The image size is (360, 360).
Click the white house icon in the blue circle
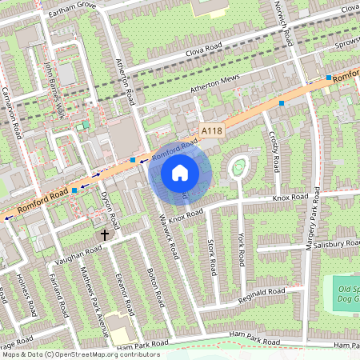tap(180, 172)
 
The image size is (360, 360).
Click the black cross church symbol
tap(104, 235)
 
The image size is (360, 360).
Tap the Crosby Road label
tap(274, 152)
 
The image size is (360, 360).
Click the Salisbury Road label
tap(336, 243)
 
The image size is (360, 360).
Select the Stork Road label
tap(211, 255)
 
